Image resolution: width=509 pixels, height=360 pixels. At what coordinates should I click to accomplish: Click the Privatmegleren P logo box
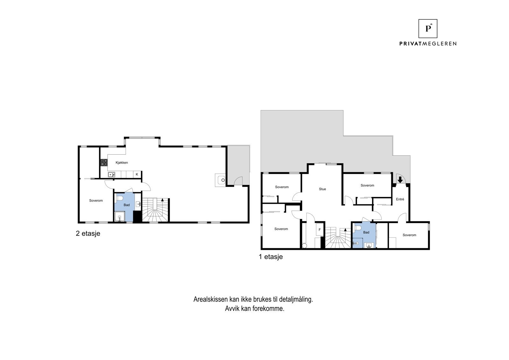[428, 29]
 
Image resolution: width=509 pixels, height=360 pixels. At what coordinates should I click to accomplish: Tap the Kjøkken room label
[122, 163]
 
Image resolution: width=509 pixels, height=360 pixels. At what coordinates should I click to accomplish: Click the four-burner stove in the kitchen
[104, 162]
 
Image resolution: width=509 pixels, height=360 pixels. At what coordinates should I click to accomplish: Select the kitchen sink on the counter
[111, 174]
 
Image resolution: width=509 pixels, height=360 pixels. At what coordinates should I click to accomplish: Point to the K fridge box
[137, 174]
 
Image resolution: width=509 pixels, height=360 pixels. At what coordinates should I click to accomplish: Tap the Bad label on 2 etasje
[127, 205]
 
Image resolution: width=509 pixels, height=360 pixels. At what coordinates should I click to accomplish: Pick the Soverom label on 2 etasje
[96, 201]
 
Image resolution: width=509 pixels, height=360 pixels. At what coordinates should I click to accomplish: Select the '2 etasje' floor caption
[88, 233]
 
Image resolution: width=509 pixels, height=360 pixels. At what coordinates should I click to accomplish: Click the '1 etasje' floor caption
[270, 257]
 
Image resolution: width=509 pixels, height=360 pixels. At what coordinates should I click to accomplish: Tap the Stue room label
[322, 189]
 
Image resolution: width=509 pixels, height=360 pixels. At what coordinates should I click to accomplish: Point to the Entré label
[400, 199]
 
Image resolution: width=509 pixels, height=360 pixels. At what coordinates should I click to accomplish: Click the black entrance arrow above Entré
[400, 180]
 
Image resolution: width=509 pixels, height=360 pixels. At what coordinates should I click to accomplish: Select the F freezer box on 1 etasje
[319, 229]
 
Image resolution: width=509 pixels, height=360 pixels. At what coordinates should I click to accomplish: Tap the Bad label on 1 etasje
[366, 232]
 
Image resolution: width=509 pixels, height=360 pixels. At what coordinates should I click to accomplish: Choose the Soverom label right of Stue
[367, 185]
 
